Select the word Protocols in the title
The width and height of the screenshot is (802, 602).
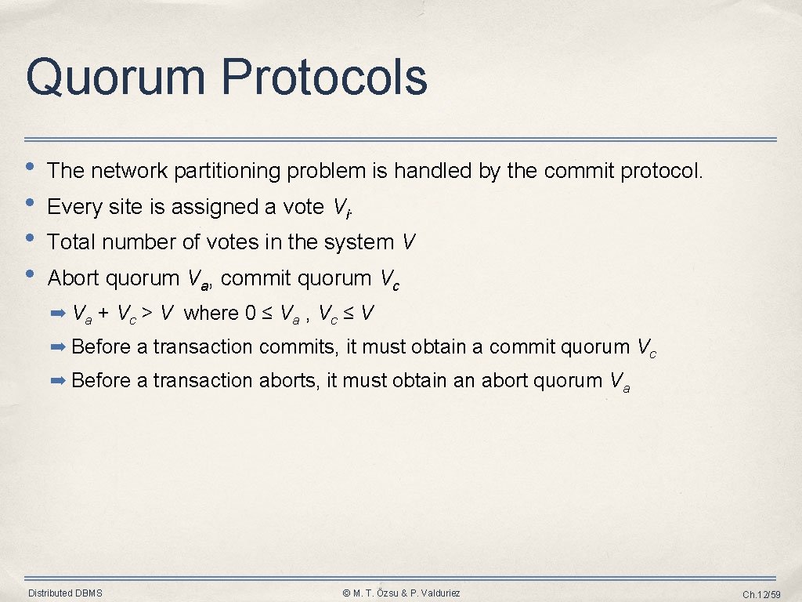coord(323,78)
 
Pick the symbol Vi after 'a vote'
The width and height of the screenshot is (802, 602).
coord(339,208)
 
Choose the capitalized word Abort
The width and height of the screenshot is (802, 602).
coord(73,278)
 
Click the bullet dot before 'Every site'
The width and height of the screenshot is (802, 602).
coord(30,203)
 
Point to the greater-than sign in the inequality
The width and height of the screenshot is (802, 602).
coord(146,314)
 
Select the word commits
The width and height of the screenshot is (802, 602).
coord(298,346)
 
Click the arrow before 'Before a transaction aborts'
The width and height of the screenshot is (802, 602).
coord(59,381)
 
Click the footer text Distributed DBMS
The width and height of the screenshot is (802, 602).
coord(65,593)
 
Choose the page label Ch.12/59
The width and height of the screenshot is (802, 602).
coord(761,594)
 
